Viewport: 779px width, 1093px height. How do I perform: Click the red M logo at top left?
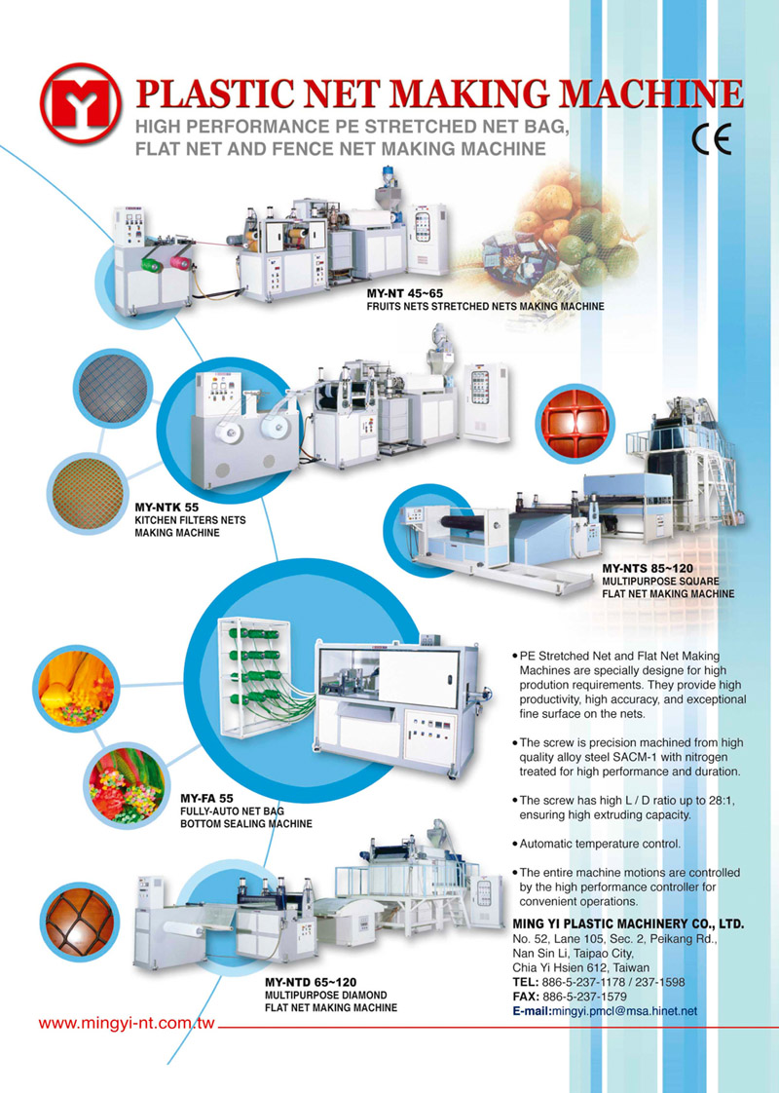81,103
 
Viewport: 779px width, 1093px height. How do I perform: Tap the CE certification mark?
711,140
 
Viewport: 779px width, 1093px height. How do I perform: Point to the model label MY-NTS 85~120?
648,569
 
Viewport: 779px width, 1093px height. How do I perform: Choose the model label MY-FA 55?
206,799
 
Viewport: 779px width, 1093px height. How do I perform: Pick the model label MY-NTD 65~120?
311,983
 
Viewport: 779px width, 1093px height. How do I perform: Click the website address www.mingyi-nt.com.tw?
127,1024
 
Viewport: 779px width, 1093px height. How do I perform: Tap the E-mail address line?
605,1011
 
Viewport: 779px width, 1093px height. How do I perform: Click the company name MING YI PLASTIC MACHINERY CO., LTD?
628,924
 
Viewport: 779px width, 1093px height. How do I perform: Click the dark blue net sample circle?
112,389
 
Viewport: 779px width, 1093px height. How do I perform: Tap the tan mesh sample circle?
88,492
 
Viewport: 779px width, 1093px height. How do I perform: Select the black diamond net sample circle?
76,922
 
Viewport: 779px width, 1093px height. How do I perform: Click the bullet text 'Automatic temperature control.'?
600,845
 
